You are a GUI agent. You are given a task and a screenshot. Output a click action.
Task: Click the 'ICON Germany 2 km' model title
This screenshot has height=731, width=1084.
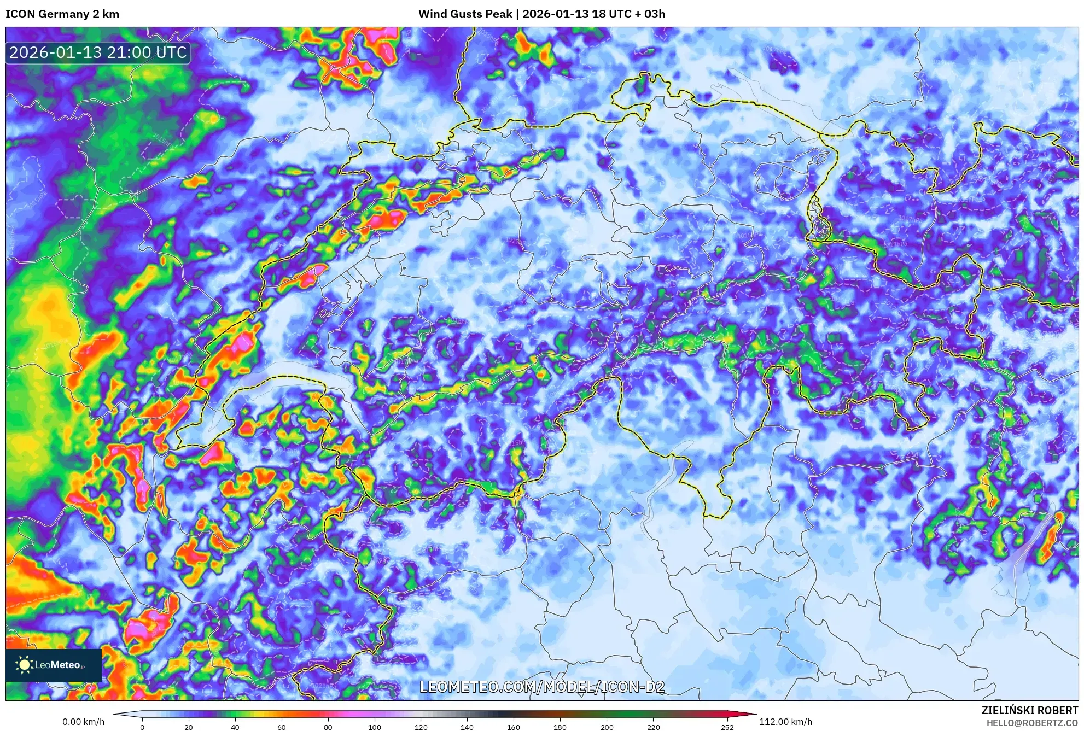point(62,14)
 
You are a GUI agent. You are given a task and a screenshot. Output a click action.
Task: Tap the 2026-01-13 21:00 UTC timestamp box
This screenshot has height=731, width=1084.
point(98,52)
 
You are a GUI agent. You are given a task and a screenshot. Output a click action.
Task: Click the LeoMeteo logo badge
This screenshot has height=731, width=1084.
point(53,665)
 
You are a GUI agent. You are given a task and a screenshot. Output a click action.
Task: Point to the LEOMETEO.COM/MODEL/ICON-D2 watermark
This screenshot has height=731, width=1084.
point(541,687)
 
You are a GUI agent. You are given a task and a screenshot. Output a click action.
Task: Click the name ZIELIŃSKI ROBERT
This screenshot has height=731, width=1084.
point(1030,710)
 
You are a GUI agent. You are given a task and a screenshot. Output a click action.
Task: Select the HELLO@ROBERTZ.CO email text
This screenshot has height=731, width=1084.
point(1032,723)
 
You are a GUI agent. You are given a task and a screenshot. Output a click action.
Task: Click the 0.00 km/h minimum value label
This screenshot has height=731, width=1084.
point(83,722)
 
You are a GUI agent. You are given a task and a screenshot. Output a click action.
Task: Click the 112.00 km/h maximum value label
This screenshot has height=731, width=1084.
point(785,722)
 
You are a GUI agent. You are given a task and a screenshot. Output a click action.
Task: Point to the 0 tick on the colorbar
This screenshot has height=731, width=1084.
point(142,727)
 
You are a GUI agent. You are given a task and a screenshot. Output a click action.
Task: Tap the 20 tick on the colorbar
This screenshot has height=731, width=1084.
point(189,727)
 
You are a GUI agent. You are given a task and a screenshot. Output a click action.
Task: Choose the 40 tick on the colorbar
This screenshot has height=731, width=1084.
point(235,727)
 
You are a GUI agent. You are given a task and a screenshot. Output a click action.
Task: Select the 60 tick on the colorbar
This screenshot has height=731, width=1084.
point(282,727)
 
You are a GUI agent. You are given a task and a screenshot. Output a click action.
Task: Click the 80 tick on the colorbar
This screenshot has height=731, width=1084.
point(328,727)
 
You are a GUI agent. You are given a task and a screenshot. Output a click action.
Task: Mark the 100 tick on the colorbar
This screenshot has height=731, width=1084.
point(375,727)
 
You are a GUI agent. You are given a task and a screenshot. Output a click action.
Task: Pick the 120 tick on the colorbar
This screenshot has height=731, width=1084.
point(421,727)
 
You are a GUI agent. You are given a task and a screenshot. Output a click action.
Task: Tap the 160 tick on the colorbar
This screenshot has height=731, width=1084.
point(514,727)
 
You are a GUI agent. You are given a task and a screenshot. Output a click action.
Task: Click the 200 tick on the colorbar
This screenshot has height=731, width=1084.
point(607,727)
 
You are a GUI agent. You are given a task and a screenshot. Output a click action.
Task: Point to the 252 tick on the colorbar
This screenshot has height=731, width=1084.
point(727,727)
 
